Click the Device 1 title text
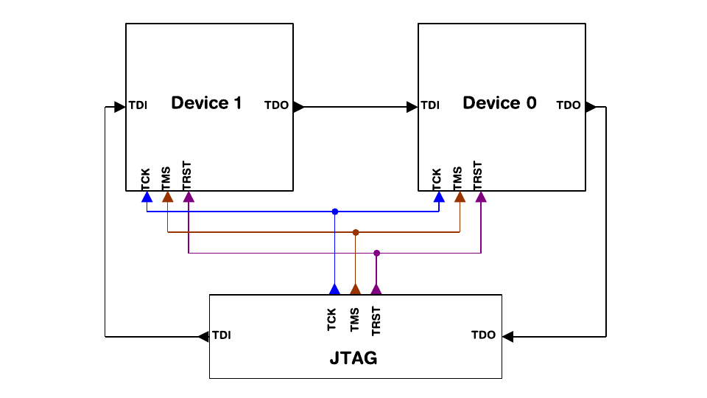click(x=206, y=103)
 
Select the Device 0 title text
click(x=499, y=103)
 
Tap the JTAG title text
click(x=353, y=359)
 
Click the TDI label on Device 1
click(x=138, y=105)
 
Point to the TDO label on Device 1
click(x=277, y=105)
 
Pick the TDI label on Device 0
click(x=430, y=105)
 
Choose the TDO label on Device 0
click(x=569, y=105)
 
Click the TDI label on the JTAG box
click(x=221, y=335)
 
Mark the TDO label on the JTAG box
click(x=483, y=335)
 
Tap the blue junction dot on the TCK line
click(x=335, y=212)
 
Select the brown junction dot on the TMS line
click(x=356, y=232)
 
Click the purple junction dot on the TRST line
click(x=376, y=253)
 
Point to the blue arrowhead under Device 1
click(x=147, y=197)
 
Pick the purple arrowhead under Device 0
click(x=481, y=197)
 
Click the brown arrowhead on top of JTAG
click(x=356, y=290)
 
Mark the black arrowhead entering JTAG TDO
click(x=507, y=336)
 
